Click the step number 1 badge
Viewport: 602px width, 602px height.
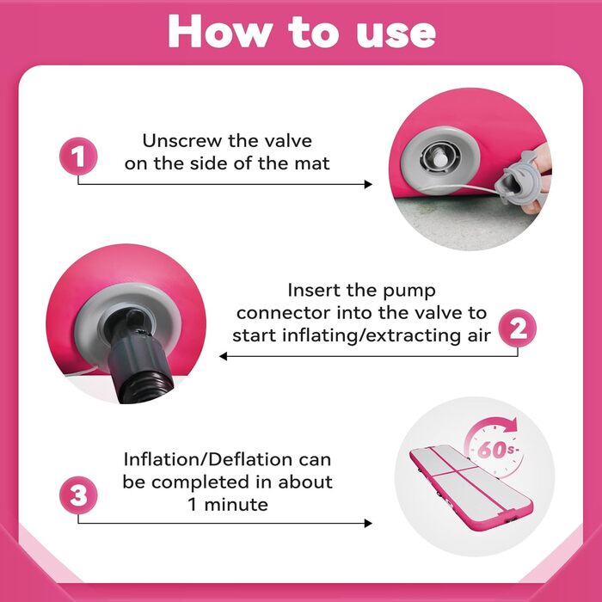click(78, 157)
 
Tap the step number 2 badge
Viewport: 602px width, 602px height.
click(517, 329)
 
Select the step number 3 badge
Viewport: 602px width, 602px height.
click(78, 495)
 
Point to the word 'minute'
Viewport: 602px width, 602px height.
click(236, 505)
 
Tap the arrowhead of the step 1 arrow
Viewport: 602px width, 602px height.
click(368, 184)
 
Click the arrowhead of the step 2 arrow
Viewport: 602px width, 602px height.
click(224, 356)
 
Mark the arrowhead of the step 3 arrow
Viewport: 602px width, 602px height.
click(368, 523)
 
